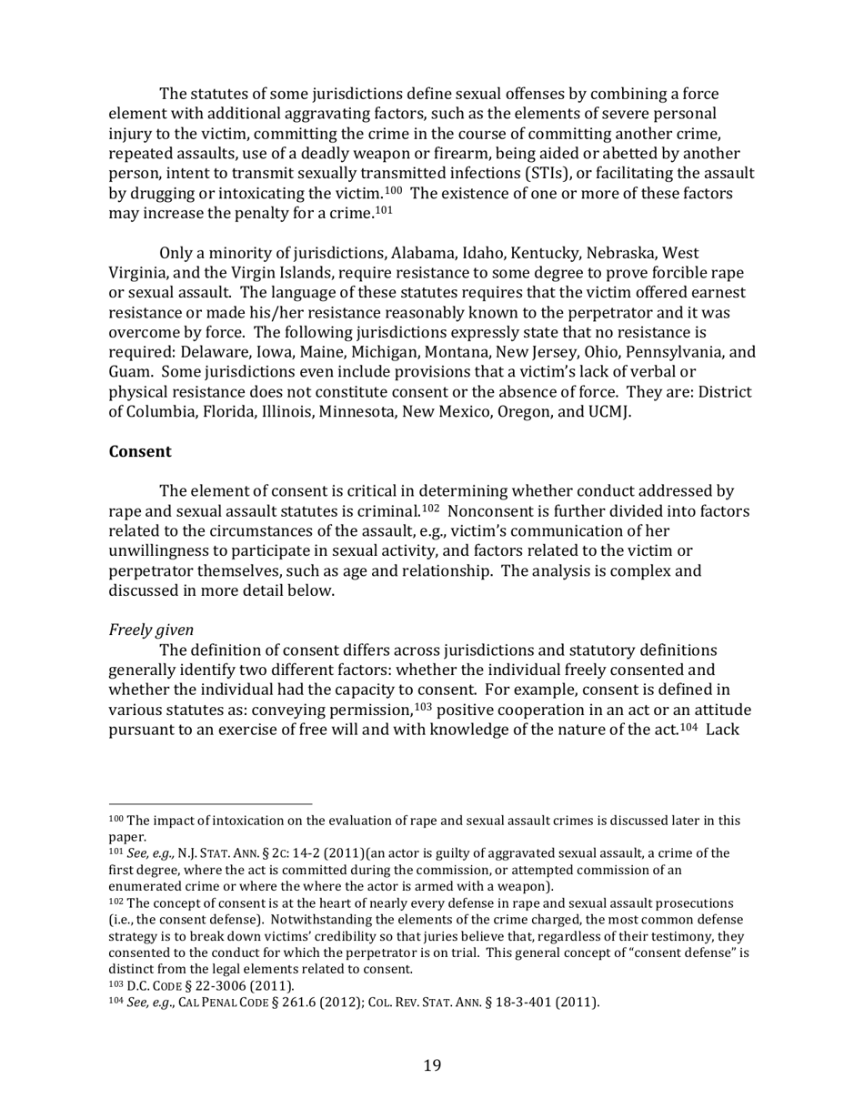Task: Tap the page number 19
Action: coord(432,1065)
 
